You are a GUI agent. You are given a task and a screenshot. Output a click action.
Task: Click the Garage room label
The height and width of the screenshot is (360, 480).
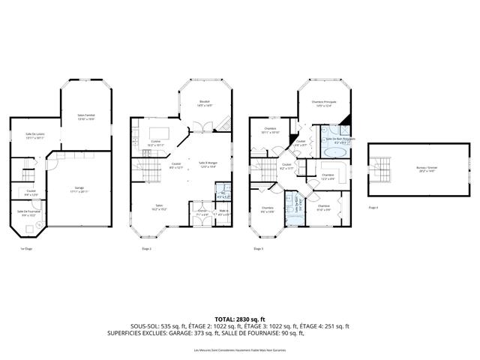79,187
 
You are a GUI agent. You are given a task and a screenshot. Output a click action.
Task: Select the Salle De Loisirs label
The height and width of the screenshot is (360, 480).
35,136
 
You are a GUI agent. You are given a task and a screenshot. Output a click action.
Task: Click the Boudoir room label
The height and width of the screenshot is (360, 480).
205,103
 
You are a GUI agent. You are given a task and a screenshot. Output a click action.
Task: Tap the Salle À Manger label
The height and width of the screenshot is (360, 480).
207,164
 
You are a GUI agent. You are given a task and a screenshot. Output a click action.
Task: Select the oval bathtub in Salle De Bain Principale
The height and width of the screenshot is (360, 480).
334,151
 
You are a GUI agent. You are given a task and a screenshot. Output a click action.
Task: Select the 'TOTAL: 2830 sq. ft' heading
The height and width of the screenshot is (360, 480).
239,318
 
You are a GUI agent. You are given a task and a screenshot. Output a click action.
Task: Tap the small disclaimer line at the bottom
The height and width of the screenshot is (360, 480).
239,350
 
